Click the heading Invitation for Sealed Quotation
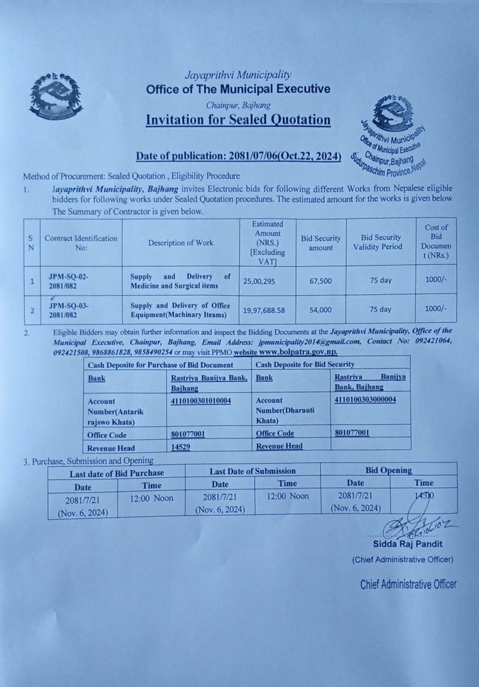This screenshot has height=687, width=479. point(238,120)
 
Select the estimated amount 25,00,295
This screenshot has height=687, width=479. point(259,281)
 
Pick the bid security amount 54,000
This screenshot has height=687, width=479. point(321,310)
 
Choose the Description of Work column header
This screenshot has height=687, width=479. point(181,243)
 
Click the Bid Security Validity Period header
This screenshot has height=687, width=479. point(381,242)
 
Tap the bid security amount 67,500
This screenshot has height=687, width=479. point(321,281)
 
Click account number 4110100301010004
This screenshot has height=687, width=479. point(201,401)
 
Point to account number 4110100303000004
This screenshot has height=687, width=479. point(365,400)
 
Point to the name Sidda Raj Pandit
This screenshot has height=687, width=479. point(407,544)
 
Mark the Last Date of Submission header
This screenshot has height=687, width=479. point(253,471)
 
